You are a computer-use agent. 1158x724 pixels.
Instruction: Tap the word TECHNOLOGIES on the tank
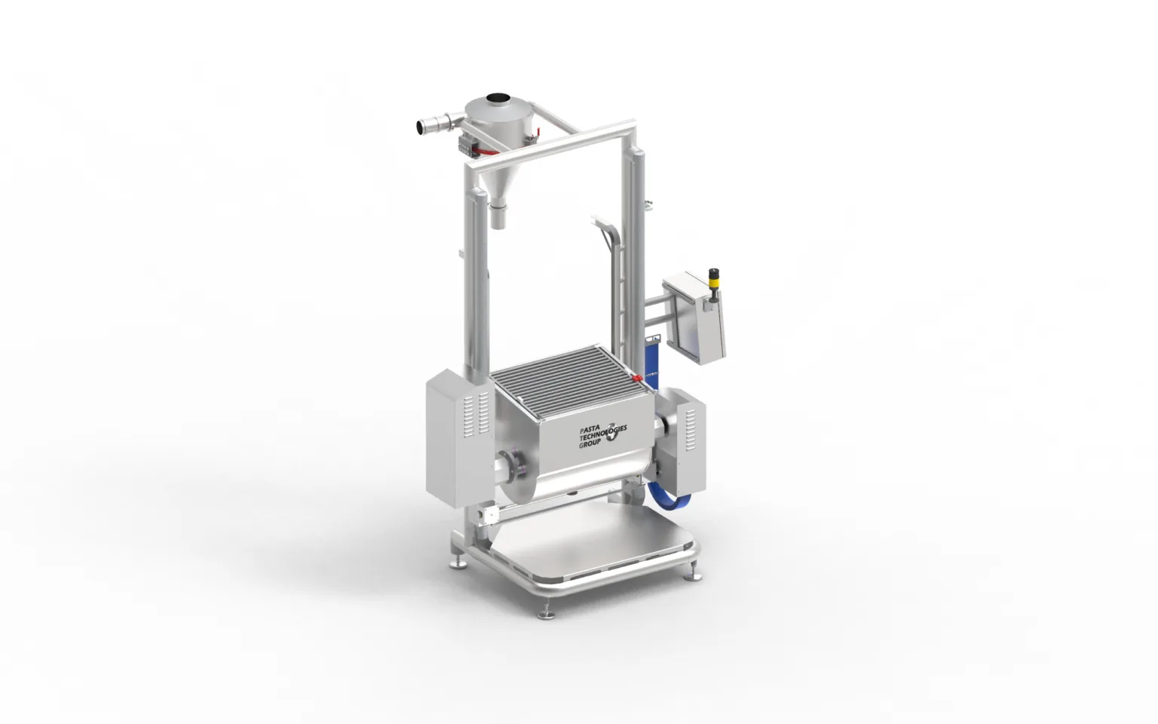(x=603, y=434)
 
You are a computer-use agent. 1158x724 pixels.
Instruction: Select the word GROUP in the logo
(x=590, y=443)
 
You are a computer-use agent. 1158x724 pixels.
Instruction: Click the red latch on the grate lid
(x=637, y=378)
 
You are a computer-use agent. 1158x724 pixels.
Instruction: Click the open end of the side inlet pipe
(x=420, y=127)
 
